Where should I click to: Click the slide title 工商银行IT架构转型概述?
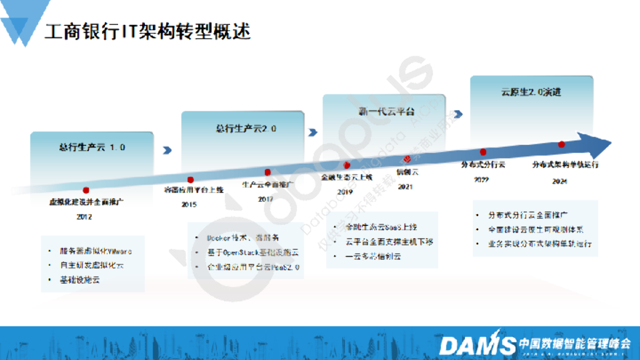[147, 31]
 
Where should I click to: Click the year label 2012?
[84, 217]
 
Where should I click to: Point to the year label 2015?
[189, 204]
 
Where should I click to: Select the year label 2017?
[266, 199]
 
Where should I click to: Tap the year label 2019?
[345, 192]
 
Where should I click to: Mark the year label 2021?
[406, 186]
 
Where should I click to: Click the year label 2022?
[481, 180]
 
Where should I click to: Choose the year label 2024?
[560, 181]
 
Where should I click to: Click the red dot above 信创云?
[408, 159]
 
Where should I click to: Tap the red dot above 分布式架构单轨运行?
[561, 144]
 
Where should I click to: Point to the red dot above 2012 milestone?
[86, 190]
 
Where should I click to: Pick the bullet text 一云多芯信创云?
[373, 256]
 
